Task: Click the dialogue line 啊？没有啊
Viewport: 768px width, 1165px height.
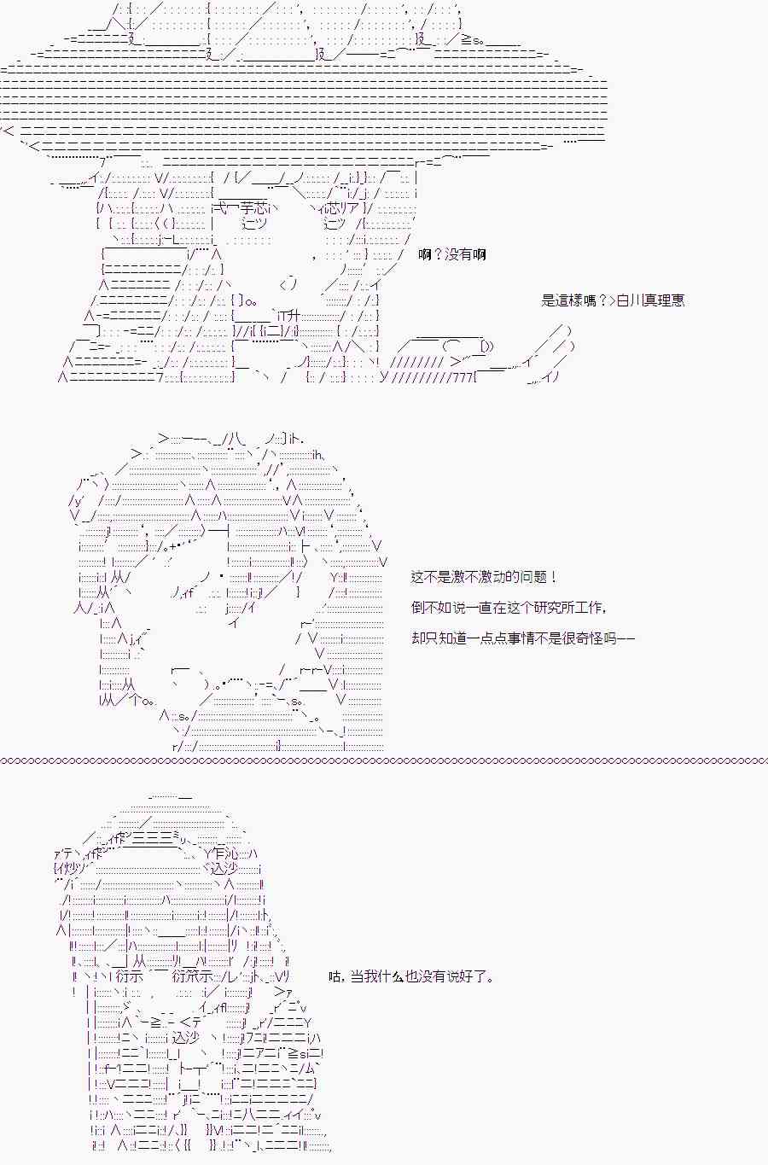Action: coord(451,255)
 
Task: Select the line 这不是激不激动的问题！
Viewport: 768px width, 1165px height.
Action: coord(484,577)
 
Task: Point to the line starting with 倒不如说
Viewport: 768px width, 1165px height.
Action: coord(509,608)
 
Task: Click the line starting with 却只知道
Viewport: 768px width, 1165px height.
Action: coord(522,638)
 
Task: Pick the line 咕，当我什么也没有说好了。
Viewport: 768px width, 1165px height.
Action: coord(411,976)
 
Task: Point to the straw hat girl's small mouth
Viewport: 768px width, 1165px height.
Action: coord(289,283)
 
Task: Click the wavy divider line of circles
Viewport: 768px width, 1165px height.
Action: coord(384,761)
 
